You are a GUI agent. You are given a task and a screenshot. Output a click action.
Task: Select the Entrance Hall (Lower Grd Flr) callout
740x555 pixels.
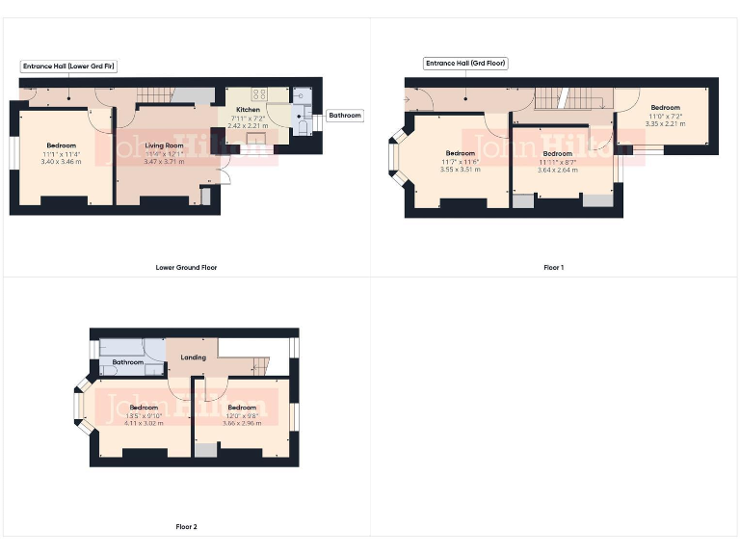[x=69, y=66]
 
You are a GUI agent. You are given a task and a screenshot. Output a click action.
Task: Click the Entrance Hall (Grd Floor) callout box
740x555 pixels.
[x=465, y=64]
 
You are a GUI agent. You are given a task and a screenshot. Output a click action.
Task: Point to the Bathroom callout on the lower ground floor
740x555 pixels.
[x=345, y=116]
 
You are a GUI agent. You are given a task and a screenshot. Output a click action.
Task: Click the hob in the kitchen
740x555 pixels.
[x=259, y=94]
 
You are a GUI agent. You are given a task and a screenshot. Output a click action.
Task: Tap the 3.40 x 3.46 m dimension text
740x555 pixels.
[x=62, y=161]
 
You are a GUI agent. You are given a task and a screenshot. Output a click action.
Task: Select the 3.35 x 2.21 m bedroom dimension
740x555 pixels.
[x=665, y=123]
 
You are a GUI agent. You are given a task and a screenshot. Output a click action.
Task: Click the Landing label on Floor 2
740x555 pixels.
[x=194, y=358]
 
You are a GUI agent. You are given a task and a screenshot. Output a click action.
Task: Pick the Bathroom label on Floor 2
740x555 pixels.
[x=127, y=363]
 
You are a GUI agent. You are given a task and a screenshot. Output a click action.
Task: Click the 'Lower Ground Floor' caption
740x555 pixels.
[x=186, y=267]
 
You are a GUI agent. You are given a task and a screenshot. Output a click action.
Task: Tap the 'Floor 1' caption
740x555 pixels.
[x=553, y=267]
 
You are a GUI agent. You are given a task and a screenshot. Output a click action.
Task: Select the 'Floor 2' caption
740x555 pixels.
[x=186, y=527]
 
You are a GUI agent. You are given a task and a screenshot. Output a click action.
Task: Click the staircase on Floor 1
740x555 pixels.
[x=557, y=97]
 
